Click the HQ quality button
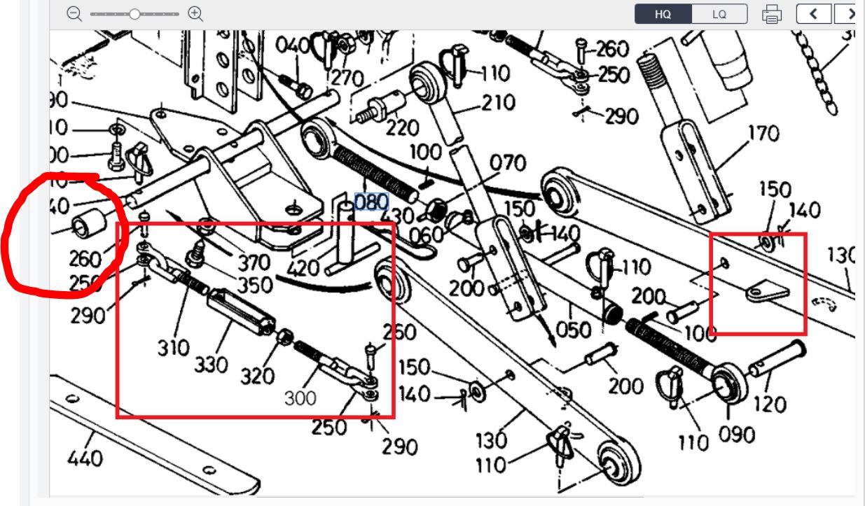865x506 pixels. pos(663,14)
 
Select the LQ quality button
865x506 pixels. pos(719,14)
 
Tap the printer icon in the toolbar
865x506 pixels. pos(771,14)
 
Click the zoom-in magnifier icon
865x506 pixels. pos(196,13)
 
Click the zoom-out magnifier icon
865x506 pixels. pos(75,13)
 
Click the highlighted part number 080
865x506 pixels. pos(371,202)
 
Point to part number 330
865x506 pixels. pos(212,364)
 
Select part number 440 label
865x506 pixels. pos(85,459)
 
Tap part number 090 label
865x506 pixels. pos(736,435)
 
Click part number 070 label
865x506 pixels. pos(507,163)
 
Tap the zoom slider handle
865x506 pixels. pos(134,13)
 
